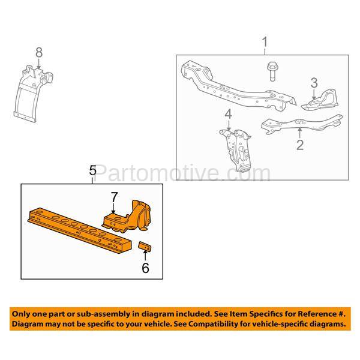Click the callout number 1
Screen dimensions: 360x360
pyautogui.click(x=265, y=42)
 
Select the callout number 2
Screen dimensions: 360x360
pyautogui.click(x=300, y=145)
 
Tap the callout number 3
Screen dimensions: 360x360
pyautogui.click(x=314, y=83)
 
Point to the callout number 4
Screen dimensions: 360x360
pyautogui.click(x=228, y=115)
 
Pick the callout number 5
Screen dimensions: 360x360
pyautogui.click(x=92, y=170)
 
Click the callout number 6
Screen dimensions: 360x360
pyautogui.click(x=145, y=268)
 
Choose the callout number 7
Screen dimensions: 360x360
pyautogui.click(x=114, y=197)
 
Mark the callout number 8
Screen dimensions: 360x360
pyautogui.click(x=39, y=53)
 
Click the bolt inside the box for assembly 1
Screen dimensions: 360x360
pyautogui.click(x=272, y=71)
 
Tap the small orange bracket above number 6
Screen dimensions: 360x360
pyautogui.click(x=145, y=246)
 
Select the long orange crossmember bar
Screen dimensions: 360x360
pyautogui.click(x=79, y=230)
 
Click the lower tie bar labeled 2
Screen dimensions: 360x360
pyautogui.click(x=302, y=124)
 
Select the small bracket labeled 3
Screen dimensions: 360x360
pyautogui.click(x=320, y=100)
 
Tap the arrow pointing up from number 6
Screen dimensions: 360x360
pyautogui.click(x=145, y=256)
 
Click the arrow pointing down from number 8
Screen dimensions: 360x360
pyautogui.click(x=39, y=64)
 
